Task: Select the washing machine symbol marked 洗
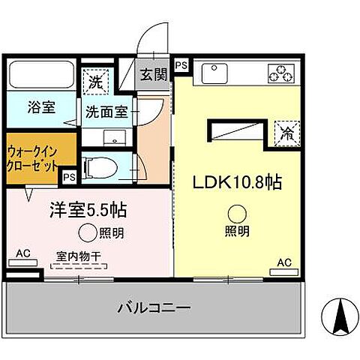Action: pos(96,78)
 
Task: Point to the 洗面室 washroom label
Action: pos(106,111)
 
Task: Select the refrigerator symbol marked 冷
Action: pos(287,134)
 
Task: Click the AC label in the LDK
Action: pos(283,262)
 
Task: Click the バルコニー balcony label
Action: pos(154,307)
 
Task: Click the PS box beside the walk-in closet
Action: pos(69,178)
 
